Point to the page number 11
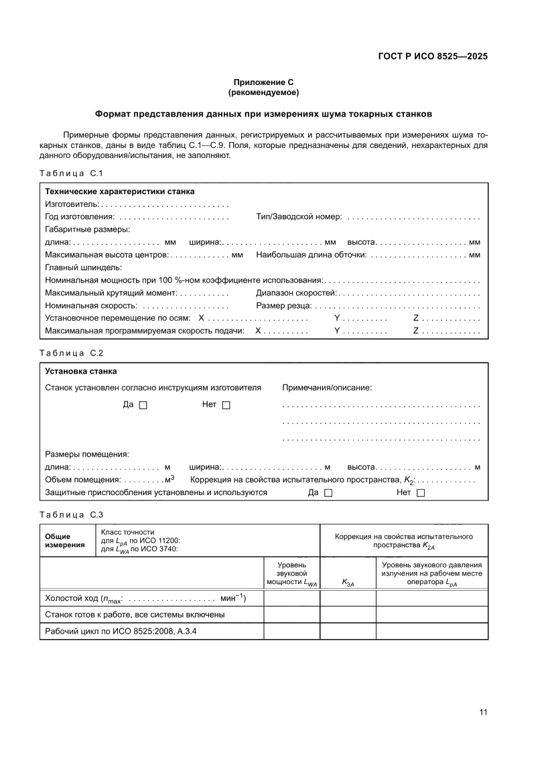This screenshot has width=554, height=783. click(x=483, y=712)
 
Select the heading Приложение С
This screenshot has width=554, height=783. click(x=263, y=82)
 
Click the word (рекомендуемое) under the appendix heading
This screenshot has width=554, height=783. click(x=263, y=92)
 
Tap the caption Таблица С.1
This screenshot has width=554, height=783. click(x=70, y=173)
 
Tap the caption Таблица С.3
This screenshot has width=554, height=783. click(x=70, y=514)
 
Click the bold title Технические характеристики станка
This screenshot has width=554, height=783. click(x=120, y=192)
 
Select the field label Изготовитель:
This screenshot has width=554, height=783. click(x=72, y=204)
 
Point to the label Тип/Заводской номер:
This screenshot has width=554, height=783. click(x=299, y=217)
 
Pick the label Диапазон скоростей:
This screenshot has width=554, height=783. click(x=296, y=293)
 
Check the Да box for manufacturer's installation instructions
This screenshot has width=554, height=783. click(x=143, y=405)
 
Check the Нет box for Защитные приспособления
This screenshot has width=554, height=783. click(x=421, y=493)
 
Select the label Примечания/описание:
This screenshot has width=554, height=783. click(x=327, y=388)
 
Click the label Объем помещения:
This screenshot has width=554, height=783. click(x=83, y=480)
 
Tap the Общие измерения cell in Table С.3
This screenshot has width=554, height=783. click(x=65, y=541)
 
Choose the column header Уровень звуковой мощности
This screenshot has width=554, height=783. click(x=292, y=574)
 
